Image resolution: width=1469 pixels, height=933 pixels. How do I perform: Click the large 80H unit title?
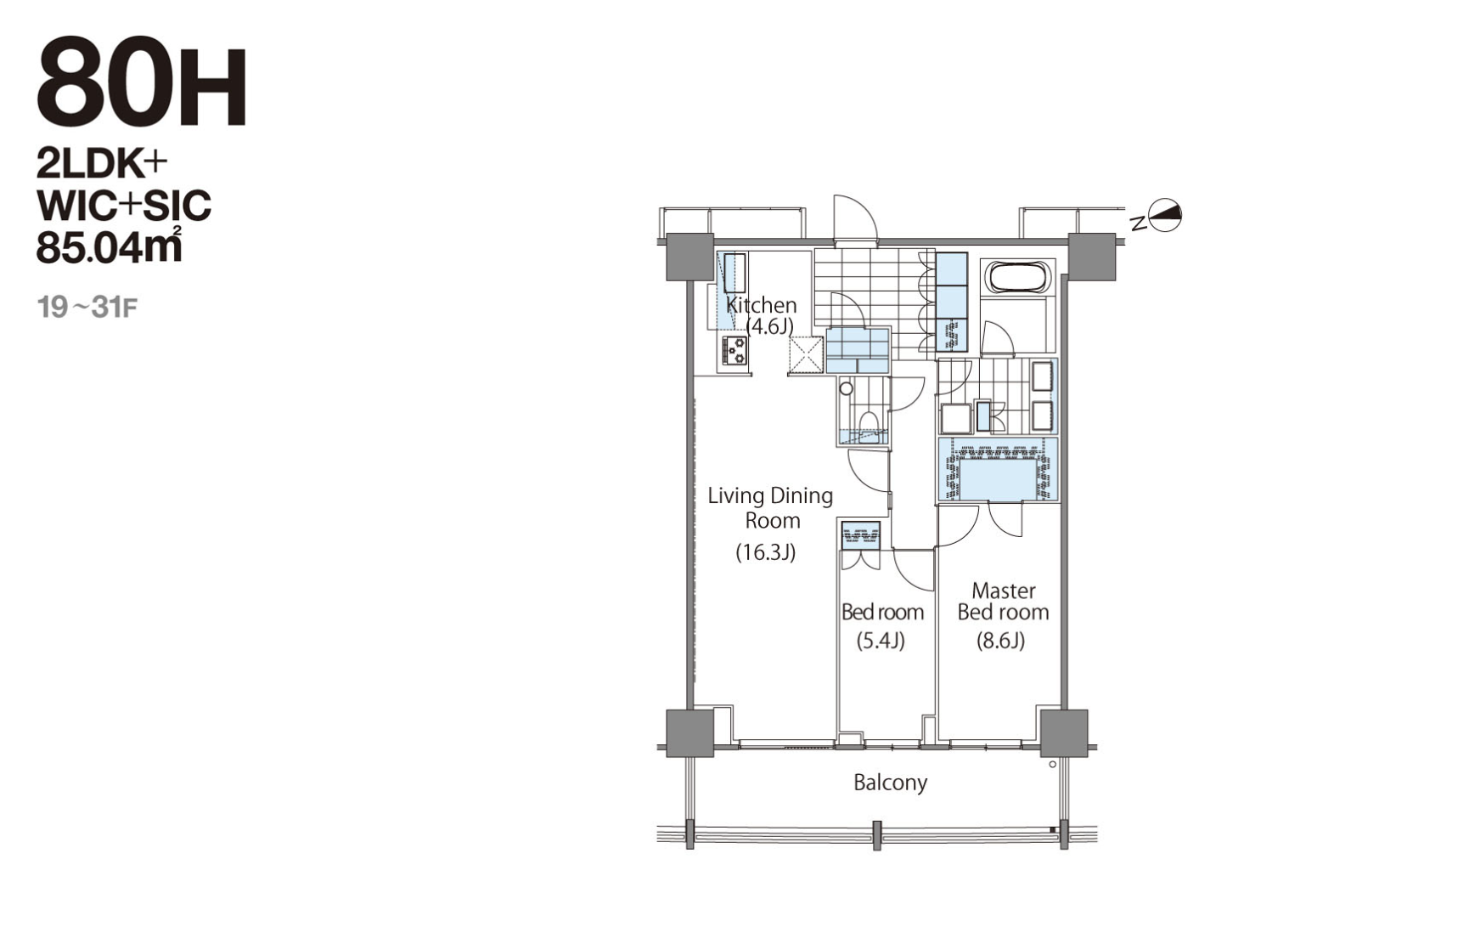[x=142, y=83]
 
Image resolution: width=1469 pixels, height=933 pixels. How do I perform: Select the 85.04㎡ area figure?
[x=110, y=246]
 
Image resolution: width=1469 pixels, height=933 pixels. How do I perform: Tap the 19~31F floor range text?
[x=87, y=307]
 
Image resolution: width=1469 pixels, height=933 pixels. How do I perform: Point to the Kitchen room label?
[x=761, y=304]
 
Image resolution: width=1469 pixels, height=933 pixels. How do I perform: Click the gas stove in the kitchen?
[x=734, y=351]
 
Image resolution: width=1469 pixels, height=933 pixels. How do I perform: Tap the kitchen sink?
[x=734, y=274]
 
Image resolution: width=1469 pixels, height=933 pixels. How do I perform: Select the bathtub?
[x=1017, y=278]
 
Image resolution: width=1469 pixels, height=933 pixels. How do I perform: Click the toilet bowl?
[x=869, y=424]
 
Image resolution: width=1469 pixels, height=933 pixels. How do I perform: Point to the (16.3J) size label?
[x=765, y=552]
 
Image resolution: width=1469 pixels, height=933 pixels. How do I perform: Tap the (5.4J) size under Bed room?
[x=881, y=641]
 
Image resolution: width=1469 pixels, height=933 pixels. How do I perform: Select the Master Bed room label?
[x=1003, y=601]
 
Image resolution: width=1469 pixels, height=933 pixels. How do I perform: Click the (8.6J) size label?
[x=1001, y=641]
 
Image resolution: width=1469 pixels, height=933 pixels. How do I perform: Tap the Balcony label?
[x=890, y=783]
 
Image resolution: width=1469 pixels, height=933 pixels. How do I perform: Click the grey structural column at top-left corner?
[x=689, y=257]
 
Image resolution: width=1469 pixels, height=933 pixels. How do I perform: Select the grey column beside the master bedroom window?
[x=1064, y=732]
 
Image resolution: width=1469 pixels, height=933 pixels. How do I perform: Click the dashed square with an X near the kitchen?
[x=807, y=354]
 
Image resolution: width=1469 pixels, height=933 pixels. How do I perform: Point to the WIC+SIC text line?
[x=124, y=205]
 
